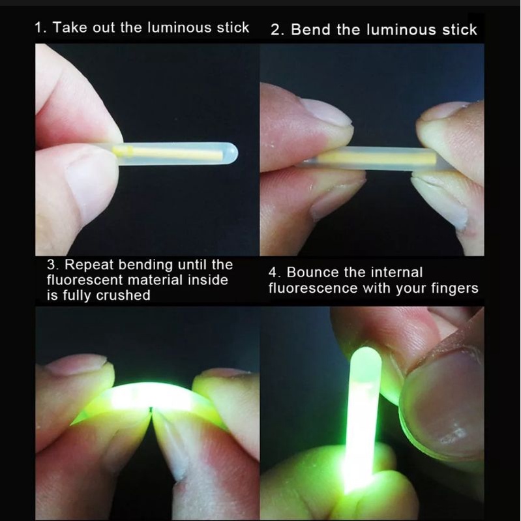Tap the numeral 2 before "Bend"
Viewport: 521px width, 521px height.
[x=275, y=30]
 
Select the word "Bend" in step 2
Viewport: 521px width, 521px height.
[x=310, y=29]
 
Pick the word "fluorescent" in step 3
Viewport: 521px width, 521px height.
[x=85, y=280]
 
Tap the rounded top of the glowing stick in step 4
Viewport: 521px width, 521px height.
[x=366, y=355]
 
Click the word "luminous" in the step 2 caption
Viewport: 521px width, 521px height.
[x=401, y=29]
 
